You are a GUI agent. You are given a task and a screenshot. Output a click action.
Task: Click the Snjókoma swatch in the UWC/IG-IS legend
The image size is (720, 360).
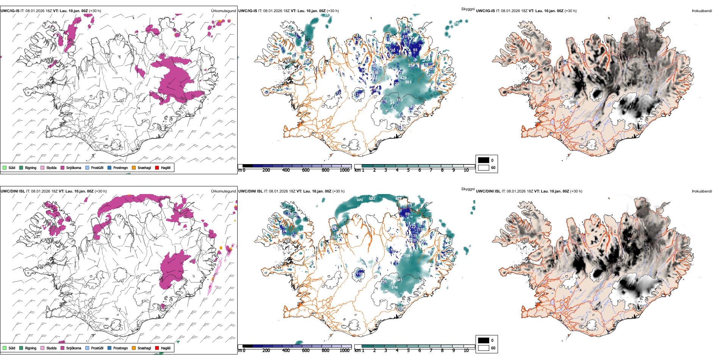click(63, 167)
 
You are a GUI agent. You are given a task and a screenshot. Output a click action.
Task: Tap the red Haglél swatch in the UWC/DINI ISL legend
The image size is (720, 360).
click(157, 348)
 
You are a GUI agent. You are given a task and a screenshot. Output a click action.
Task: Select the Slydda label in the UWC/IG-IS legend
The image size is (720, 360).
click(51, 167)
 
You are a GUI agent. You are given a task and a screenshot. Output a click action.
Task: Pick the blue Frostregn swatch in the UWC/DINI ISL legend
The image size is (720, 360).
click(110, 348)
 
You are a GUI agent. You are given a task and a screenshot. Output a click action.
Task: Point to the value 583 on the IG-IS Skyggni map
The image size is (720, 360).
click(408, 82)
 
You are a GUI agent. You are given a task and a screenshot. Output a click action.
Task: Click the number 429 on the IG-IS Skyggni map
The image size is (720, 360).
click(404, 78)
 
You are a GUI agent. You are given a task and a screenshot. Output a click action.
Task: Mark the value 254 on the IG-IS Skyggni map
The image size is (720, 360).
click(411, 65)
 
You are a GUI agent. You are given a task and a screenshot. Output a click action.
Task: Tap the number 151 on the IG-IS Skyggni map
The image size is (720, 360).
click(405, 37)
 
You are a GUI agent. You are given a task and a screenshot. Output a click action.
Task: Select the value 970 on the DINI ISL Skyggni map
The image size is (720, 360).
click(360, 200)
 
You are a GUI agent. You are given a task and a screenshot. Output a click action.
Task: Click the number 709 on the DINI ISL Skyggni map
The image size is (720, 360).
click(407, 256)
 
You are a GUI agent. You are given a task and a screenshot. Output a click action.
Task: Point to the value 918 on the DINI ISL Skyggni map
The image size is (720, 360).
click(394, 288)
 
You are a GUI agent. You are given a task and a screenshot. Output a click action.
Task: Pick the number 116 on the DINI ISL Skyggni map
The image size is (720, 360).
click(359, 273)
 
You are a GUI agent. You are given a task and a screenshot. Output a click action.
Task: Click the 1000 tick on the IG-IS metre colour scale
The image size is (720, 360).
click(344, 170)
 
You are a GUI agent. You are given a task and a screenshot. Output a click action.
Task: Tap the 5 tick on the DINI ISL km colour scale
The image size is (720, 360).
click(408, 351)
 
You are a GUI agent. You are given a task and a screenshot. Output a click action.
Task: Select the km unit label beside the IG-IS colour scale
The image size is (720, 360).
click(357, 170)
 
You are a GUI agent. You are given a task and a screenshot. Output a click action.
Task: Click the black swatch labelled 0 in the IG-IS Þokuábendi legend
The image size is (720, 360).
click(484, 160)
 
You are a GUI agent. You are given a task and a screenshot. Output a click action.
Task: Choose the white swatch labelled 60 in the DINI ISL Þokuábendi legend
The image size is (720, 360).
click(484, 348)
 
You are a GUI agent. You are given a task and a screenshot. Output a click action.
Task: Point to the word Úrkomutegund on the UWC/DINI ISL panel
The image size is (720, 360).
click(223, 191)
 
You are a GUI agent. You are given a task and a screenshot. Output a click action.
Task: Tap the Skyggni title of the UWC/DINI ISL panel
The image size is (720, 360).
click(468, 189)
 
